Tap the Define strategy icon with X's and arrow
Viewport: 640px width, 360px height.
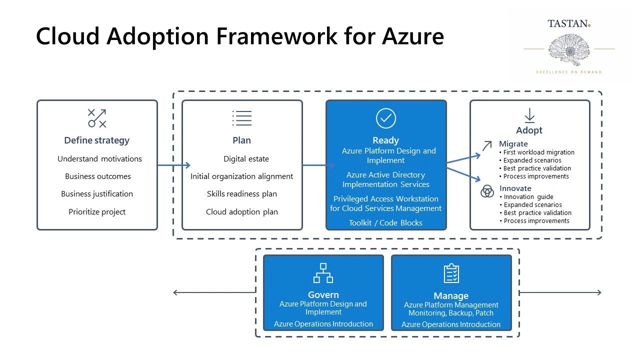tap(97, 118)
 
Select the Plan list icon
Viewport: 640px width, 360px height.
tap(241, 118)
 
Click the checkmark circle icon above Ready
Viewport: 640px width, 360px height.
tap(385, 118)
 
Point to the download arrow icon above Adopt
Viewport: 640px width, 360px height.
tap(529, 115)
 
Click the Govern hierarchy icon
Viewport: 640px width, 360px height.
tap(323, 273)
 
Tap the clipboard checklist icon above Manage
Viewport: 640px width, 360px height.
tap(451, 273)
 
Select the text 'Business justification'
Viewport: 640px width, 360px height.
tap(97, 194)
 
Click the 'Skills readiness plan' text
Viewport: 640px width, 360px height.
tap(241, 194)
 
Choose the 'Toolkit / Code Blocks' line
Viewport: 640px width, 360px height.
tap(385, 223)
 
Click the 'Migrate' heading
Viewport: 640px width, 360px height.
tap(513, 144)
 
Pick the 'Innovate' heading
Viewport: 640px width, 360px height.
tap(515, 188)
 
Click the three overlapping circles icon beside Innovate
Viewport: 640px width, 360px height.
tap(487, 191)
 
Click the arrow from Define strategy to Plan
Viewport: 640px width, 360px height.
tap(173, 165)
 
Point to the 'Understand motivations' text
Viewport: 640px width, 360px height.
tap(99, 159)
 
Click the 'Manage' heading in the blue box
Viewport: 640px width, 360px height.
tap(451, 296)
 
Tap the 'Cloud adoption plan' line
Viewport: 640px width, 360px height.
tap(241, 212)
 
